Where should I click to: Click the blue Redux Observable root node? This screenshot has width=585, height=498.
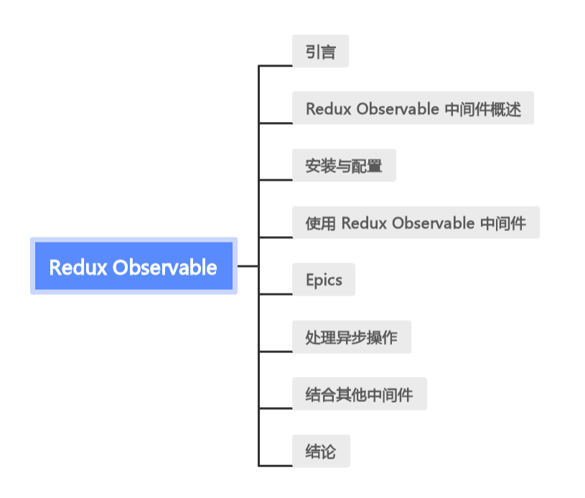coord(134,266)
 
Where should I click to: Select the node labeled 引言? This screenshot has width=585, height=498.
coord(320,52)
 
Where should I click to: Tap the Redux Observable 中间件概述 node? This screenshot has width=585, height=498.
coord(413,108)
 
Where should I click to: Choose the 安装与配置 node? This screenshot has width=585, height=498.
coord(344,166)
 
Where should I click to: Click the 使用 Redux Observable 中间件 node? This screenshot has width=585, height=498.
coord(416,222)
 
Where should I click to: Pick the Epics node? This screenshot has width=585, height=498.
coord(324,279)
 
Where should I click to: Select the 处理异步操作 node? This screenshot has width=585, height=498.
coord(351,337)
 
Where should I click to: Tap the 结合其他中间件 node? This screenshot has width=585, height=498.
coord(359,394)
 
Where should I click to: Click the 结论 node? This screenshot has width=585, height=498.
coord(320,451)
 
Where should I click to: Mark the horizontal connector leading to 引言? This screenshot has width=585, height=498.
coord(276,65)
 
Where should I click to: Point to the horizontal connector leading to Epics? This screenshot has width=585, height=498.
coord(276,293)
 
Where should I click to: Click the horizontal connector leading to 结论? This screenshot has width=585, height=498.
coord(276,466)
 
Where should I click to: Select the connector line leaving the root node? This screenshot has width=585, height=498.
coord(248,266)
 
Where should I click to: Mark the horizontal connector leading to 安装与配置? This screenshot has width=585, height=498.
coord(276,179)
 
